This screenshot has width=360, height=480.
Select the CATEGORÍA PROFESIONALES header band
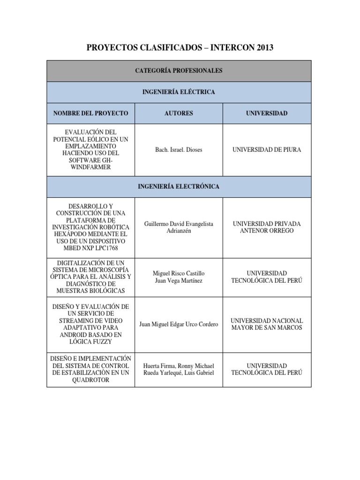click(179, 71)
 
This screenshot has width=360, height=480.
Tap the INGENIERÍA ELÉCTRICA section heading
click(179, 92)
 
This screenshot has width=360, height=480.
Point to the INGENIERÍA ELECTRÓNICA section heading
click(179, 187)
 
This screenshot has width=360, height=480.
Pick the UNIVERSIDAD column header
click(267, 113)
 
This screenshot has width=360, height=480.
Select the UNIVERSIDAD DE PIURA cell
click(267, 150)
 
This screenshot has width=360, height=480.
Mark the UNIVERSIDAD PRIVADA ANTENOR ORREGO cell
click(267, 228)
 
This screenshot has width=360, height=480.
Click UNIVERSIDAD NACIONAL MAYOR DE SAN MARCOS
click(267, 324)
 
